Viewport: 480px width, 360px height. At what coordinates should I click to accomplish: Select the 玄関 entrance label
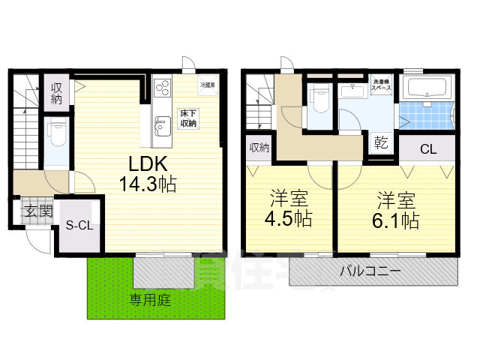tap(36, 211)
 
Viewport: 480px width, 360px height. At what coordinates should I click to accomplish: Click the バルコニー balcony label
tap(369, 271)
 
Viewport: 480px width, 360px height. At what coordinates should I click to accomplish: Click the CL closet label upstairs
tap(427, 149)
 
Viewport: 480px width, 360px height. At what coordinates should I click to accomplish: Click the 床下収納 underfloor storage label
tap(187, 119)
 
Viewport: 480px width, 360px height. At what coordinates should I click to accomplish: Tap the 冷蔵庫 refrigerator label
tap(208, 85)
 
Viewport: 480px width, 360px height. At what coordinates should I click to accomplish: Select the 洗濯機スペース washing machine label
tap(382, 86)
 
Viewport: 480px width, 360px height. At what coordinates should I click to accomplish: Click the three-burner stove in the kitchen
tap(163, 89)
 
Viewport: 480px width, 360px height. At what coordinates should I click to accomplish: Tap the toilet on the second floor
tap(320, 98)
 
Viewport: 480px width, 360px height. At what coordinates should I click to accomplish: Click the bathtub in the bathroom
tap(425, 88)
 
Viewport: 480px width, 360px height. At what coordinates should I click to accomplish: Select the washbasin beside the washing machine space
tap(350, 91)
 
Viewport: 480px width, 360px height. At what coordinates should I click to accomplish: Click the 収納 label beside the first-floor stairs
tap(56, 94)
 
